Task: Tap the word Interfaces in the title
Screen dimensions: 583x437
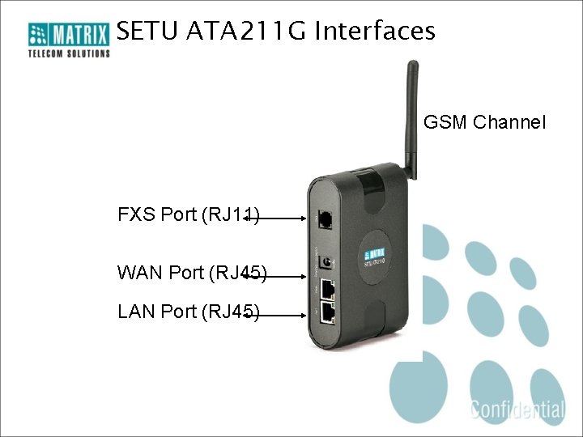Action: (x=375, y=32)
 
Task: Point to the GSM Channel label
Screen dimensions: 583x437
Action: (x=484, y=122)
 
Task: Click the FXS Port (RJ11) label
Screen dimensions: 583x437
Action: (x=188, y=214)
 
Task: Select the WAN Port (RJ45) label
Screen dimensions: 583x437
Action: (x=192, y=273)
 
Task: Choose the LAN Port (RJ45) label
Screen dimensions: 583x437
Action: (x=188, y=312)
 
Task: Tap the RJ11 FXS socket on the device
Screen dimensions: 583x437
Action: (x=325, y=218)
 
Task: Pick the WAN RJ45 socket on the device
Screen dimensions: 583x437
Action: (x=328, y=289)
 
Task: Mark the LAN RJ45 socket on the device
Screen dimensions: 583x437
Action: (x=328, y=312)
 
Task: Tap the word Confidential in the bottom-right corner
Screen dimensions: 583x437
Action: (x=517, y=409)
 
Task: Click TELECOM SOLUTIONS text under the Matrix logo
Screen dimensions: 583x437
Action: (x=69, y=53)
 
